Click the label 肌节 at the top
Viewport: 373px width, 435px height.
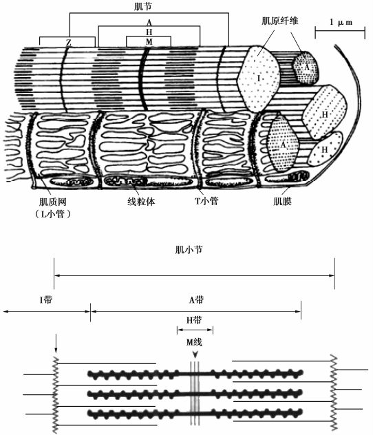tap(142, 7)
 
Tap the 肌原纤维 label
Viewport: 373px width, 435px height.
tap(280, 21)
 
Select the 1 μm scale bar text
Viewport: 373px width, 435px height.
tap(341, 22)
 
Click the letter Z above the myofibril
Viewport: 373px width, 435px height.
tap(69, 43)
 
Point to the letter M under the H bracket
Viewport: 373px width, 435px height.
tap(149, 41)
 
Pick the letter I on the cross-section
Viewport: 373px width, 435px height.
tap(259, 78)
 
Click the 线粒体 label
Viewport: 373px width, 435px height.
tap(141, 202)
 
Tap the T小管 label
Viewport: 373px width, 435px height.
tap(206, 201)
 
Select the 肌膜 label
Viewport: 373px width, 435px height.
tap(282, 201)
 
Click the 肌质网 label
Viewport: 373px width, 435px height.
tap(53, 202)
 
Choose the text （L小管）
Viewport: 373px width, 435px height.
tap(52, 213)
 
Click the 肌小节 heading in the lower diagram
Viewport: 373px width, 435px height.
tap(189, 250)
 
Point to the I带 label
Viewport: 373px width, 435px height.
tap(45, 299)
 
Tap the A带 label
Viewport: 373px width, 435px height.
tap(196, 299)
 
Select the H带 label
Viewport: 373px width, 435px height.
tap(194, 320)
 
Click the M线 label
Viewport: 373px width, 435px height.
tap(194, 342)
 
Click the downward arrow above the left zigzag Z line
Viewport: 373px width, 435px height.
tap(56, 343)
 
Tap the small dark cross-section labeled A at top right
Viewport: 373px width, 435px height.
tap(306, 67)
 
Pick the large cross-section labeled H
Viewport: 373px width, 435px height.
tap(325, 112)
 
